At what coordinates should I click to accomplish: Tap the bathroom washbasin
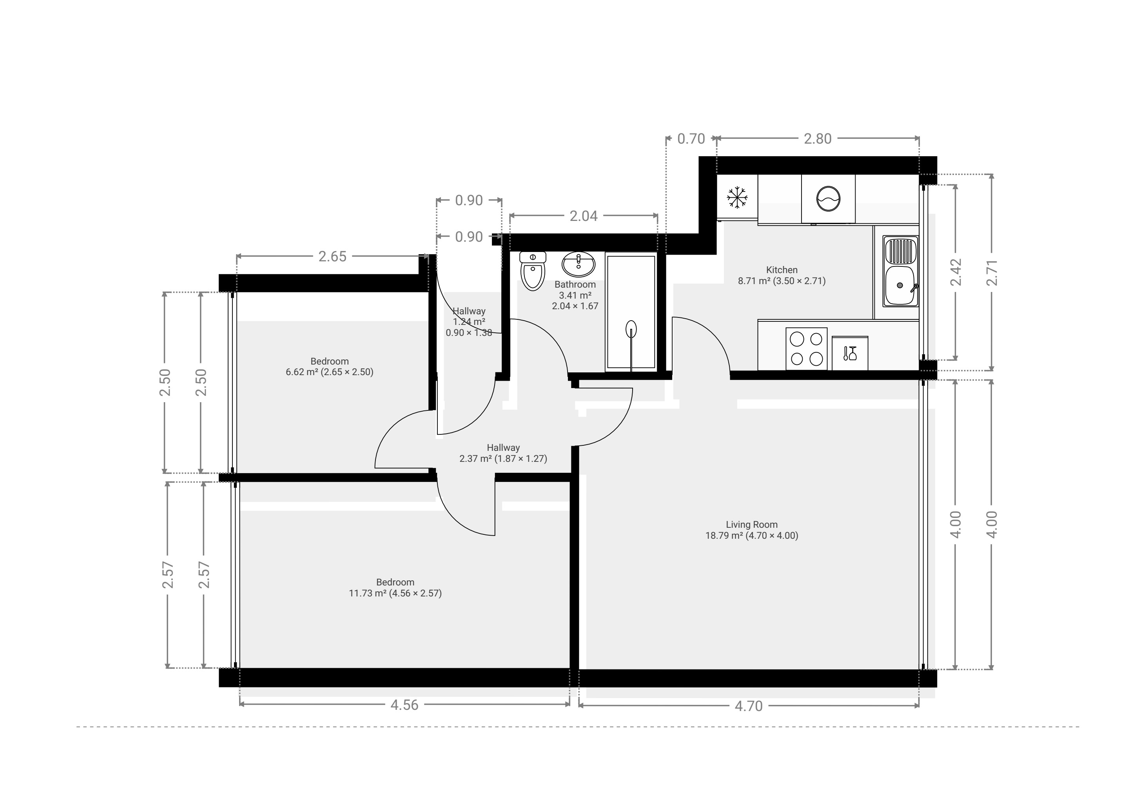(x=578, y=264)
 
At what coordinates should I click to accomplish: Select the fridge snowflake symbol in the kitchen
(x=737, y=197)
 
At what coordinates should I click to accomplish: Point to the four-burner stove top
(x=806, y=348)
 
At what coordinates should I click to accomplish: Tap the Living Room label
(x=752, y=525)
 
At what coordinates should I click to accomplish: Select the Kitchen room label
(x=782, y=270)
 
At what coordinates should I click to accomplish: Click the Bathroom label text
(x=575, y=284)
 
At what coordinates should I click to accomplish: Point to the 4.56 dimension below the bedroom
(x=404, y=705)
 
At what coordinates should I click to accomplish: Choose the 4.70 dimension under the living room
(x=748, y=706)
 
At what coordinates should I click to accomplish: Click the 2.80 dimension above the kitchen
(x=818, y=139)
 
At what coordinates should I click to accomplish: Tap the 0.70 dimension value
(x=691, y=139)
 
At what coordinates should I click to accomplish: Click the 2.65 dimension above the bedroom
(x=332, y=257)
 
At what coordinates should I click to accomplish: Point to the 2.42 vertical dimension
(x=956, y=272)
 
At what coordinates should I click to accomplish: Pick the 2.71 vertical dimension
(x=992, y=272)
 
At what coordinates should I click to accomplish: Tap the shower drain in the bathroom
(x=631, y=329)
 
